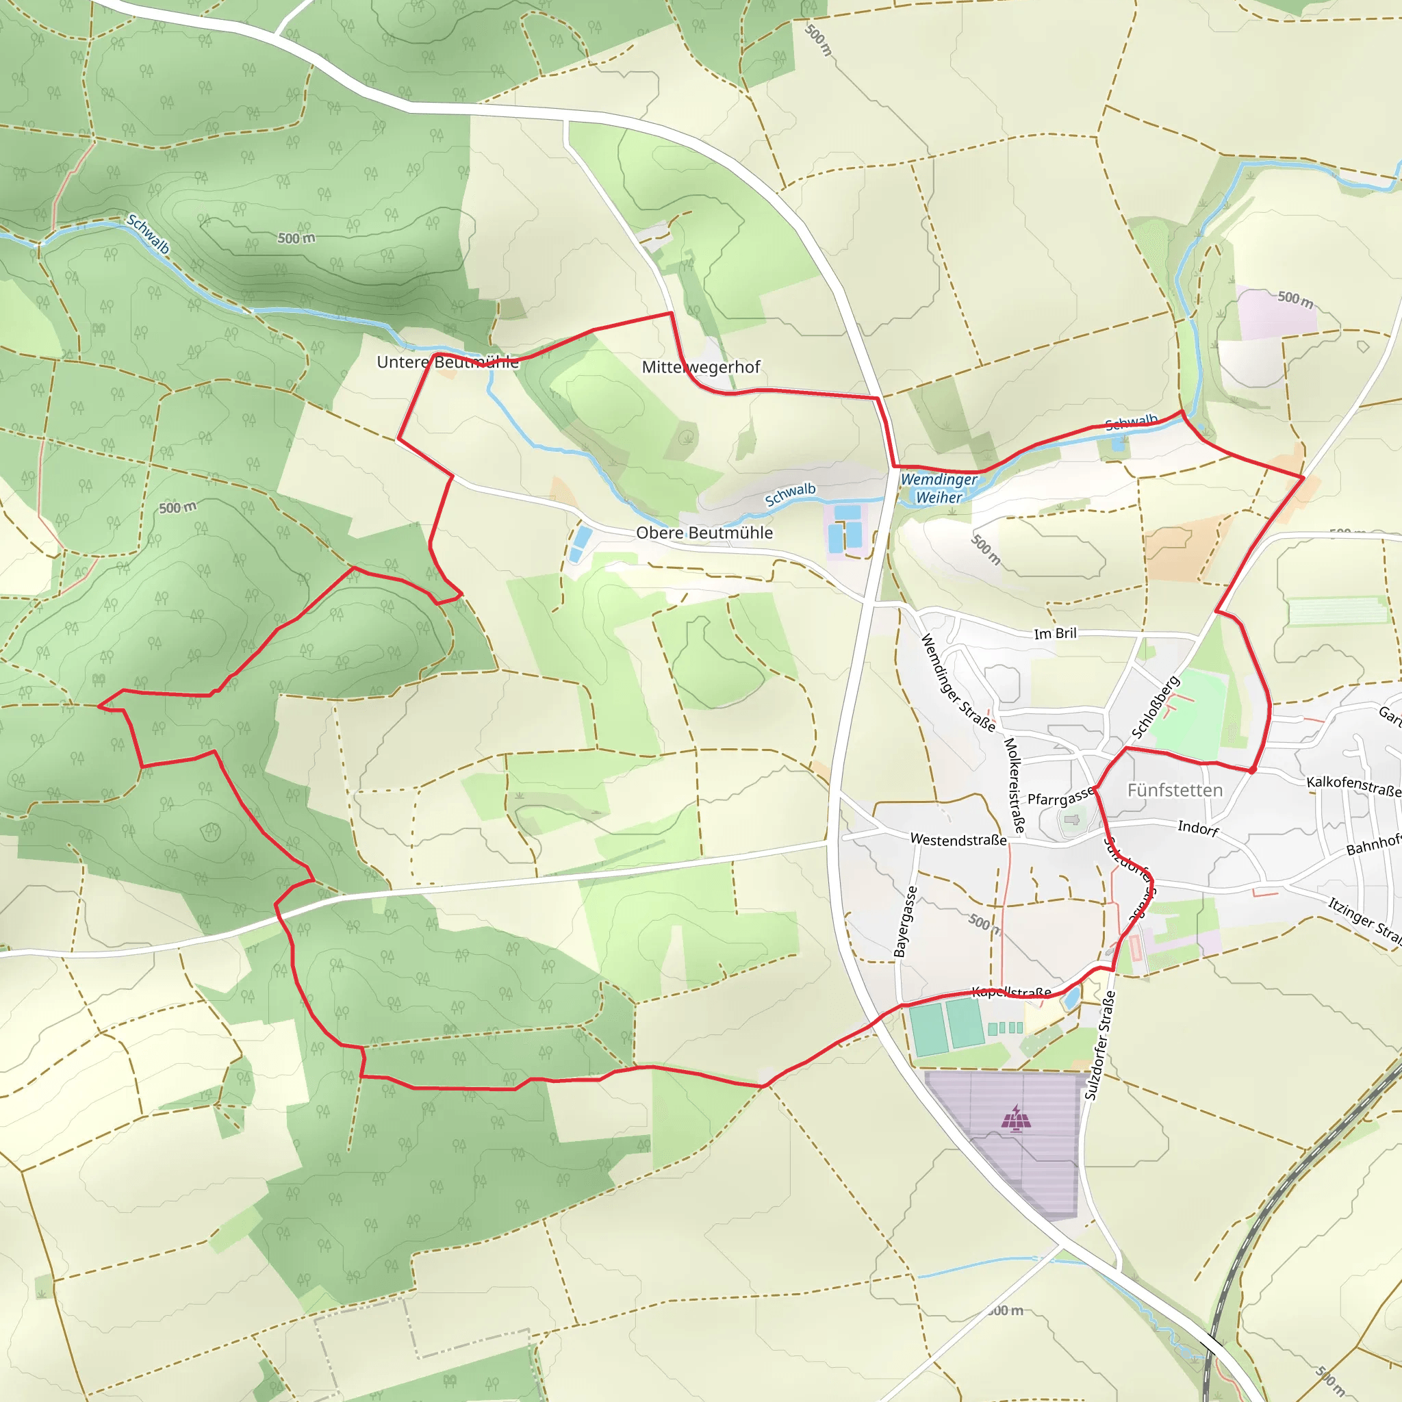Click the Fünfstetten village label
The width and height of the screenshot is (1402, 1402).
pyautogui.click(x=1175, y=790)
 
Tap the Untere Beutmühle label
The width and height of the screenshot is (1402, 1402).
pyautogui.click(x=448, y=361)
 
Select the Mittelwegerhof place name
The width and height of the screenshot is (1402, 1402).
pyautogui.click(x=701, y=366)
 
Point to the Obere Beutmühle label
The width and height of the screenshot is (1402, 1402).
pyautogui.click(x=704, y=533)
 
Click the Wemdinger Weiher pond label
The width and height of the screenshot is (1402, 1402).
pyautogui.click(x=939, y=488)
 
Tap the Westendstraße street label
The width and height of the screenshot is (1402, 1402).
pyautogui.click(x=958, y=839)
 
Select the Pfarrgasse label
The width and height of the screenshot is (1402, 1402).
pyautogui.click(x=1060, y=797)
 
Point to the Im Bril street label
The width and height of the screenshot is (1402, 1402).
pyautogui.click(x=1055, y=633)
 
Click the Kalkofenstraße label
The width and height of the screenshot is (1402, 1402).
pyautogui.click(x=1353, y=786)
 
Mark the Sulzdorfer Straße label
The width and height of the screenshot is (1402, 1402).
pyautogui.click(x=1100, y=1045)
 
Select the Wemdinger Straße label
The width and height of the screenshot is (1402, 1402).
pyautogui.click(x=958, y=683)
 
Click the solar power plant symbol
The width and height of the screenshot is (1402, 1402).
pyautogui.click(x=1017, y=1119)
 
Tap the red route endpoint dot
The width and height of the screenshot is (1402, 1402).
pyautogui.click(x=1253, y=769)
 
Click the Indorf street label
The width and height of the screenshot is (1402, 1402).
pyautogui.click(x=1198, y=828)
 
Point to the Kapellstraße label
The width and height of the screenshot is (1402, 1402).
pyautogui.click(x=1012, y=992)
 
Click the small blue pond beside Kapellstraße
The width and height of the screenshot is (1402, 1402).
pyautogui.click(x=1071, y=999)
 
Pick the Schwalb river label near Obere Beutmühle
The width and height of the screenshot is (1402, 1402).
pyautogui.click(x=790, y=494)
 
